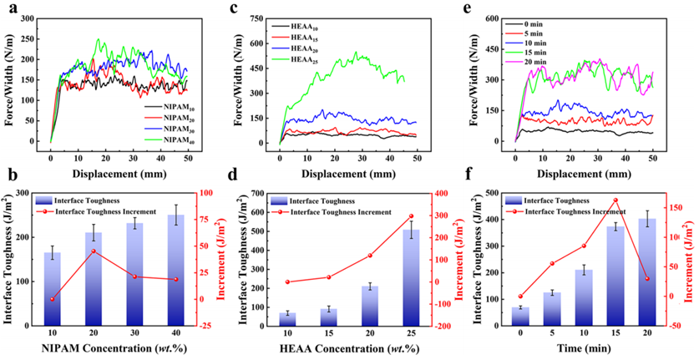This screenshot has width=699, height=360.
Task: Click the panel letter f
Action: [x=470, y=175]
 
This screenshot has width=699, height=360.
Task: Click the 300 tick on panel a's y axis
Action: [x=33, y=18]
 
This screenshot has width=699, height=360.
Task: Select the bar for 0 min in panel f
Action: [x=520, y=315]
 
